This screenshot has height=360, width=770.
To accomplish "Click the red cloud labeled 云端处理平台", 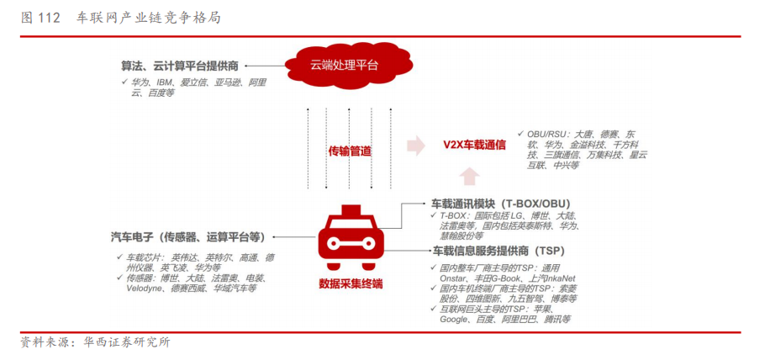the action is [344, 65].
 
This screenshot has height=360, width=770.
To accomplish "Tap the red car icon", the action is [351, 239].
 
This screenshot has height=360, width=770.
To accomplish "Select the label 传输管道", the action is [349, 151].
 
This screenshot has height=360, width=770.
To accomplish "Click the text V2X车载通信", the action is [475, 145].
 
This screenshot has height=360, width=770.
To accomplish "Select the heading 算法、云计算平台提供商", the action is [180, 65].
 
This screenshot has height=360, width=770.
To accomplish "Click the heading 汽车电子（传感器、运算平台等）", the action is [187, 236].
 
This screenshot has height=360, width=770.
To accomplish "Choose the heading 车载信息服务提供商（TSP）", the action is [498, 251].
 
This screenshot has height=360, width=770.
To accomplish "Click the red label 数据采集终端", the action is [351, 283].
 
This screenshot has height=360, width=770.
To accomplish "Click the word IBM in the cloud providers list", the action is [165, 82].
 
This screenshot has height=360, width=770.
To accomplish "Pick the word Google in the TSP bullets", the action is [455, 320].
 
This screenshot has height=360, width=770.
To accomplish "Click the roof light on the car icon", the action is [351, 207].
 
